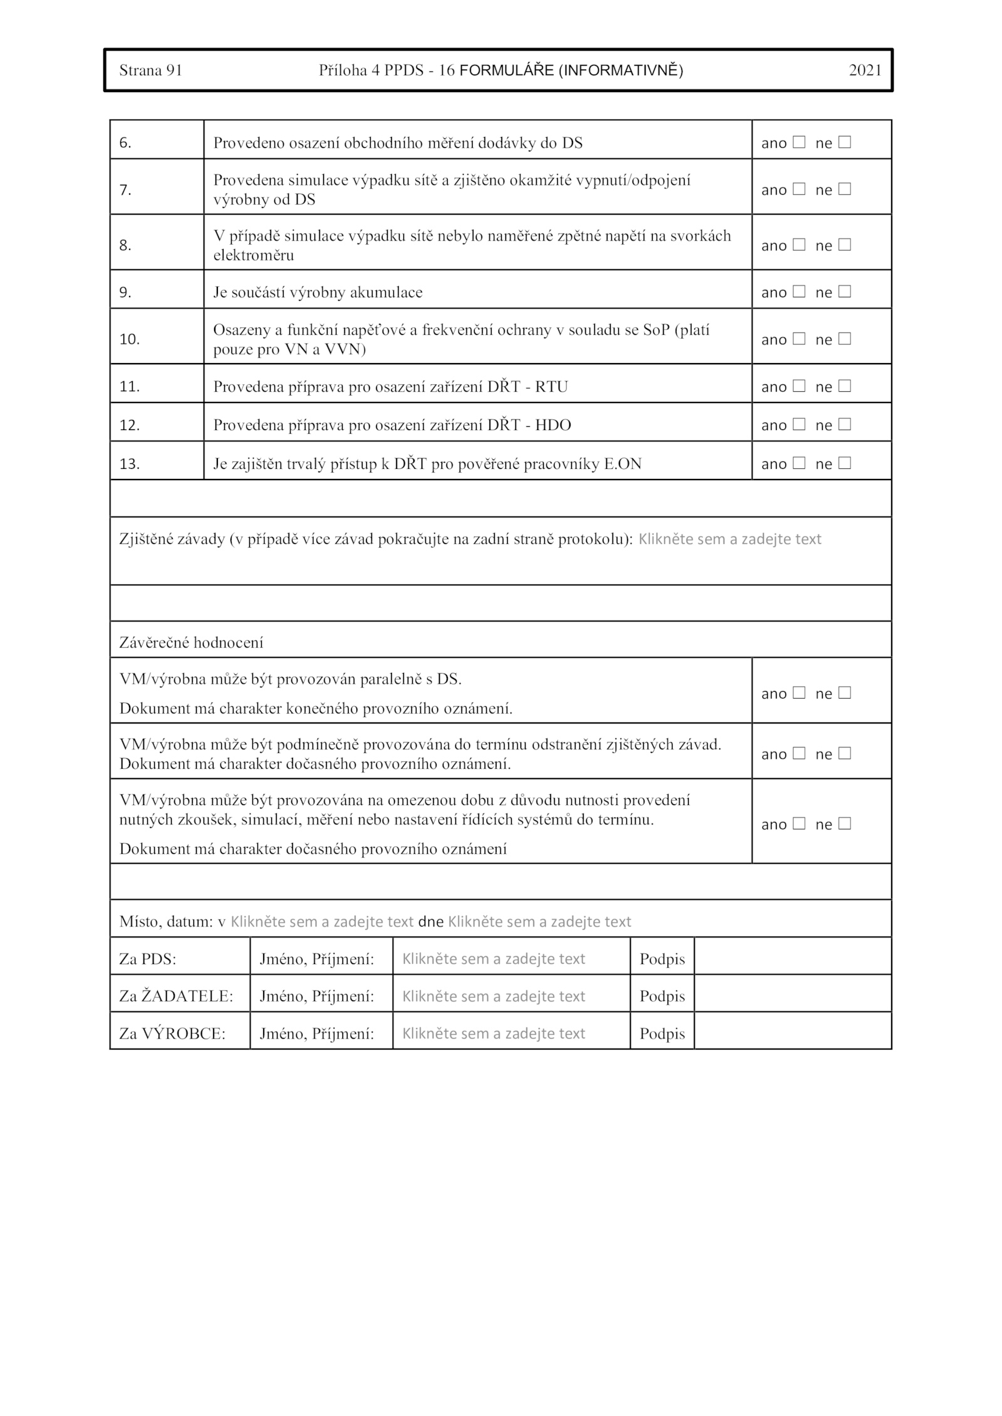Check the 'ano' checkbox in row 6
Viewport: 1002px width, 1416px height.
[798, 142]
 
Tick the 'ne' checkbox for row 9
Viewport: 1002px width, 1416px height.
[845, 292]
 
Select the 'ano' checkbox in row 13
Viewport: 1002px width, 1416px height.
[798, 463]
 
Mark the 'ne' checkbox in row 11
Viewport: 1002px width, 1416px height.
[845, 386]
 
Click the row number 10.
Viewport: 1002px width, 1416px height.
[130, 339]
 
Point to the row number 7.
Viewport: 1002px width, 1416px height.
[126, 190]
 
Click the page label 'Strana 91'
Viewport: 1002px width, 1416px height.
[150, 70]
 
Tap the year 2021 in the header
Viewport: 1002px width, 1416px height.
[865, 70]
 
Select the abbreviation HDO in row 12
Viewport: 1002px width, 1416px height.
[553, 425]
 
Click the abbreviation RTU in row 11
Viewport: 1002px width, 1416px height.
[551, 387]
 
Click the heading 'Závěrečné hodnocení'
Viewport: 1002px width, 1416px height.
[192, 643]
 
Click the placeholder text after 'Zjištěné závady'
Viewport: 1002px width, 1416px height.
[730, 539]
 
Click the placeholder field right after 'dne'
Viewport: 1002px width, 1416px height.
[539, 921]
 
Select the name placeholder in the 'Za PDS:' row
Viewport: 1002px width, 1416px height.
[493, 959]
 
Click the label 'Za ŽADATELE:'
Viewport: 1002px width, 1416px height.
[176, 996]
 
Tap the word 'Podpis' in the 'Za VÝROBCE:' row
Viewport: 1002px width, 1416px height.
[662, 1034]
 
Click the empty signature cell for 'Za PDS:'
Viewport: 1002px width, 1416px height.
[792, 958]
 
